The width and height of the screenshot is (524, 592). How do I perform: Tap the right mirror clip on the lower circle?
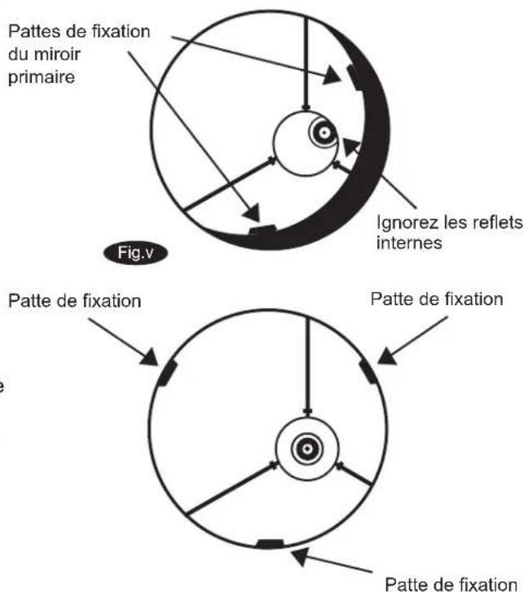click(x=370, y=371)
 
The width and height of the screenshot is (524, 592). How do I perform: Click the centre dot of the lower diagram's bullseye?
click(x=306, y=446)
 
